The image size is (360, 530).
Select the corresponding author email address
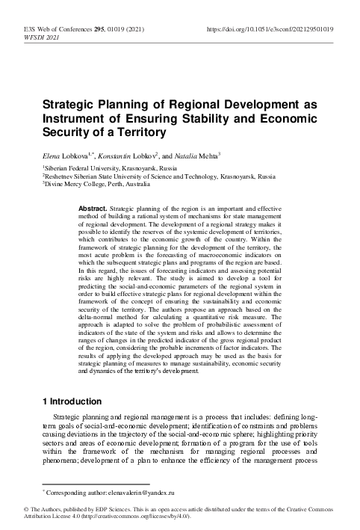[138, 494]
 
